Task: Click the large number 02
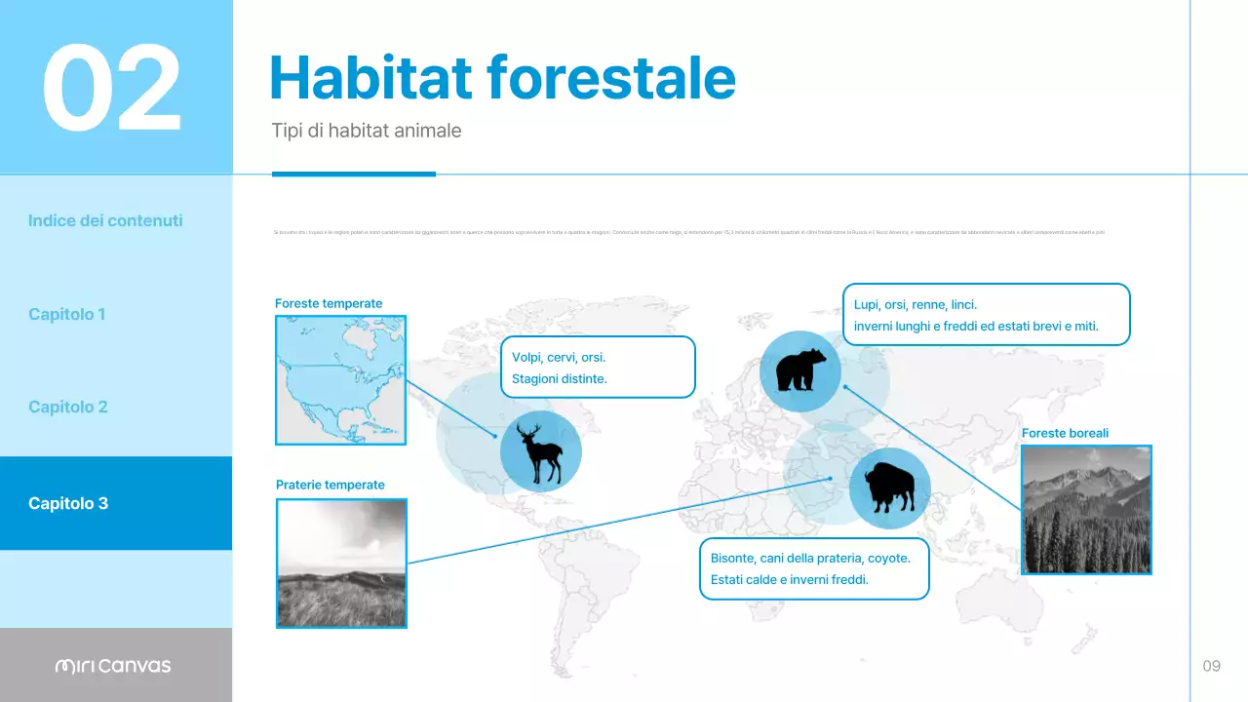point(111,88)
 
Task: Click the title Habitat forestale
point(501,77)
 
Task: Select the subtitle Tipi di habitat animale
point(366,131)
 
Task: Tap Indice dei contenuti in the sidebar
point(105,220)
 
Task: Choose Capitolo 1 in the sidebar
point(67,314)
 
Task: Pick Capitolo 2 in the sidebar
point(68,407)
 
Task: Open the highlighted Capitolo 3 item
point(68,503)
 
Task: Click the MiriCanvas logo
point(113,666)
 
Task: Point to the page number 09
point(1211,666)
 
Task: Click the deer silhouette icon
point(541,452)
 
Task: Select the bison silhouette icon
point(889,488)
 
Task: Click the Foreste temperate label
point(329,303)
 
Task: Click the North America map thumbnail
point(340,379)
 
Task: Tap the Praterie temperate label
point(330,485)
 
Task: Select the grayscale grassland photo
point(341,563)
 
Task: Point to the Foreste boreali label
point(1065,433)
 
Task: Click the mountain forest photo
point(1086,509)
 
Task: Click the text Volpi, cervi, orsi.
point(559,357)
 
